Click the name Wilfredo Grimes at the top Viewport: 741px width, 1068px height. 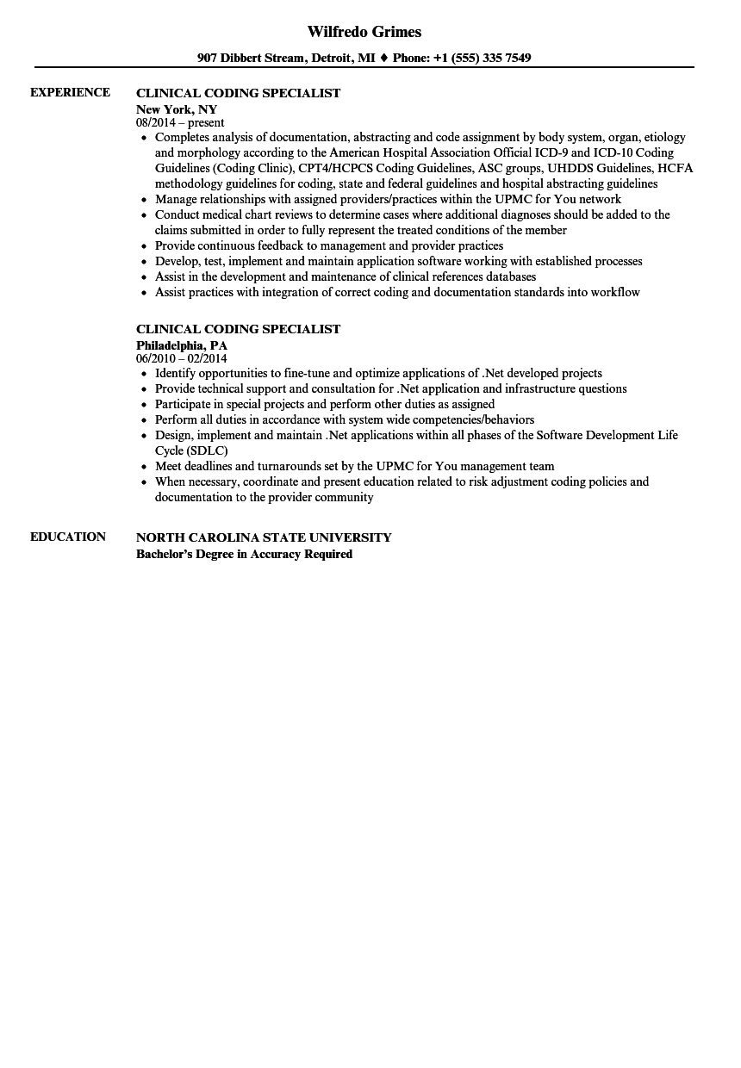(x=364, y=32)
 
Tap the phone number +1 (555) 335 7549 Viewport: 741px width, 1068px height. (x=484, y=58)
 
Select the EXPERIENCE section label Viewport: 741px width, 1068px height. (x=70, y=92)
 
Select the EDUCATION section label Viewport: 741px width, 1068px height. (x=68, y=537)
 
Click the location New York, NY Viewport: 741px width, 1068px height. (x=177, y=109)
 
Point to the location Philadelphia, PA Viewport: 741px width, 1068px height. (x=182, y=345)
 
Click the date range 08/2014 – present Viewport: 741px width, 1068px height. (x=180, y=123)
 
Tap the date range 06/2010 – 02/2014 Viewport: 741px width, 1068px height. (x=182, y=358)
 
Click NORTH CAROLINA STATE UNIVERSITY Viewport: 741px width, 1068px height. (x=264, y=537)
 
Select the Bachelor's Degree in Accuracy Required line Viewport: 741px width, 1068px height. (x=244, y=554)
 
